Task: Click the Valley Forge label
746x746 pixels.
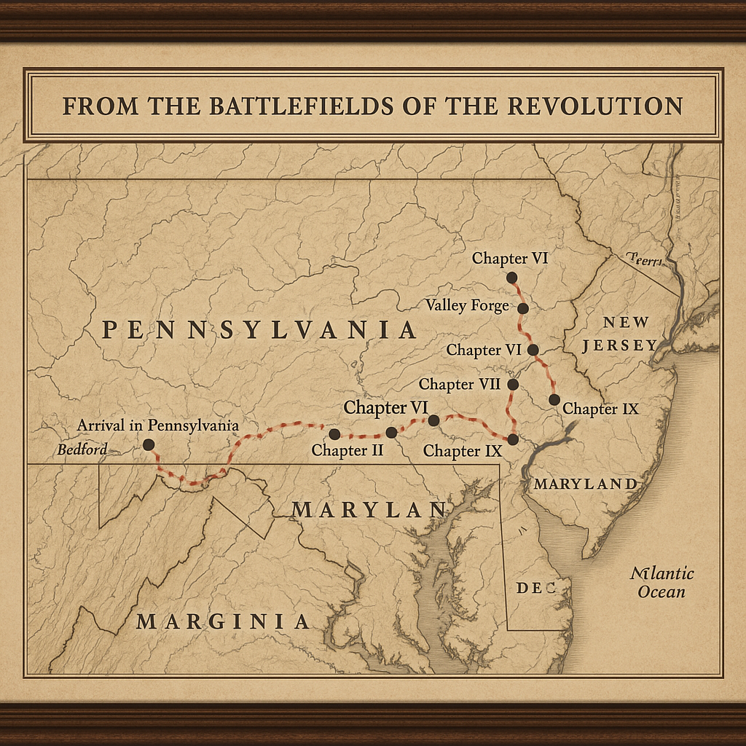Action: pyautogui.click(x=467, y=305)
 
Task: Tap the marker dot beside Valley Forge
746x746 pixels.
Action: pyautogui.click(x=523, y=308)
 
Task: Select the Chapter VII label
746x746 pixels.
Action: pyautogui.click(x=459, y=383)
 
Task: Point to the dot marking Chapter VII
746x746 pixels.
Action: pyautogui.click(x=512, y=384)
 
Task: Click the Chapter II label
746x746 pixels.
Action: pyautogui.click(x=348, y=450)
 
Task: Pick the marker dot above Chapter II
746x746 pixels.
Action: pyautogui.click(x=334, y=434)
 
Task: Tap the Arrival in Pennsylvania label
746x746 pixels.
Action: pyautogui.click(x=158, y=425)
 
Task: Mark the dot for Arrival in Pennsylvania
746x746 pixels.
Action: pyautogui.click(x=149, y=444)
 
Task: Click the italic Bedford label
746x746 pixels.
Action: pyautogui.click(x=82, y=449)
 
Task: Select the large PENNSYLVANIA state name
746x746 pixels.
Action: pyautogui.click(x=259, y=330)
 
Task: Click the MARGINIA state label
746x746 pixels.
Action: pyautogui.click(x=223, y=621)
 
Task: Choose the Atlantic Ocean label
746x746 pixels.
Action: pyautogui.click(x=661, y=582)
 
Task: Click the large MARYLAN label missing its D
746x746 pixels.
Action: pyautogui.click(x=369, y=511)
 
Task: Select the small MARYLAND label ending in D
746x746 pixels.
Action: pyautogui.click(x=585, y=484)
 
